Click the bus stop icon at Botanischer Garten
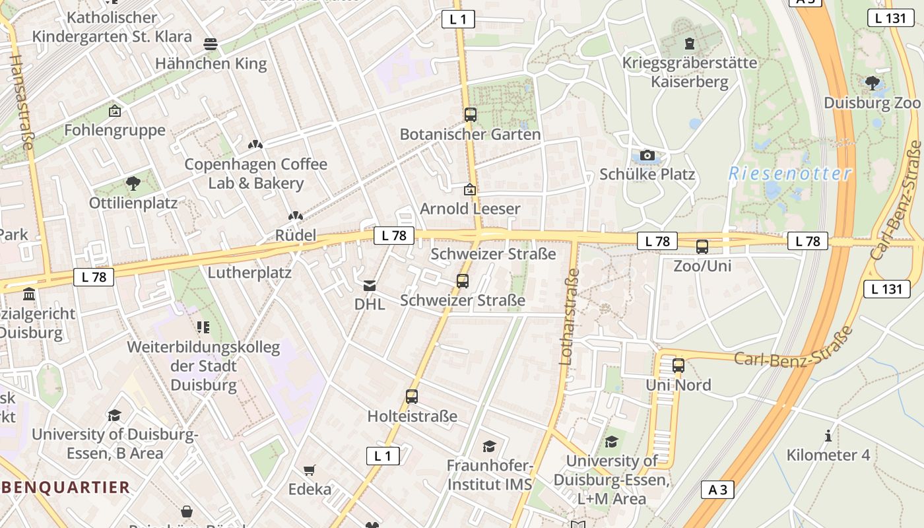click(x=470, y=115)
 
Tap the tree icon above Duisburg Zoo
click(x=872, y=82)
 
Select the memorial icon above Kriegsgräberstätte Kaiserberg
click(x=690, y=44)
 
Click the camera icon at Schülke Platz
click(x=647, y=156)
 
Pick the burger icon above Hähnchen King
click(x=211, y=44)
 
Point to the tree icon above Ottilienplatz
click(x=133, y=183)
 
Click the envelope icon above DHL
click(x=369, y=285)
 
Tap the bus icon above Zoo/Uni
click(x=702, y=247)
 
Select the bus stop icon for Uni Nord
click(x=678, y=366)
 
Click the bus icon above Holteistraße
click(x=412, y=397)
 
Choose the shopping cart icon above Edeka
click(x=309, y=470)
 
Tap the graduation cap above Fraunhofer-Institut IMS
click(x=489, y=446)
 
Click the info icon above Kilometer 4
click(x=828, y=436)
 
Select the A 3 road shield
click(x=717, y=490)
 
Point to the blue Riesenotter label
click(x=790, y=174)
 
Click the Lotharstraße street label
click(x=569, y=317)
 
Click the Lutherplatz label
click(x=249, y=272)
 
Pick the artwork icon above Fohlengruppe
click(x=115, y=111)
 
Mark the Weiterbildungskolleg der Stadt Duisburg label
click(x=203, y=366)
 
